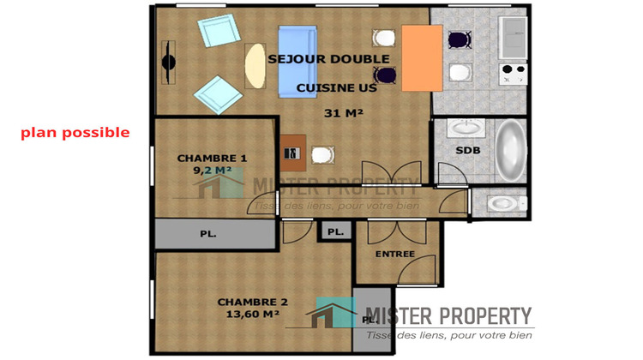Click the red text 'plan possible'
tap(75, 133)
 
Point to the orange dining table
tap(421, 57)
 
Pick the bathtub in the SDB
tap(511, 151)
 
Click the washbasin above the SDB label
tap(466, 129)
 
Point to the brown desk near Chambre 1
tap(292, 153)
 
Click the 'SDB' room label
tap(467, 150)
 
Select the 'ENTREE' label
tap(394, 254)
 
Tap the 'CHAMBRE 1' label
tap(212, 158)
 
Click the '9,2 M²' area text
tap(212, 170)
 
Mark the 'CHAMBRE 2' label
tap(252, 302)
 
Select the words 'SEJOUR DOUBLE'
tap(328, 59)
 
